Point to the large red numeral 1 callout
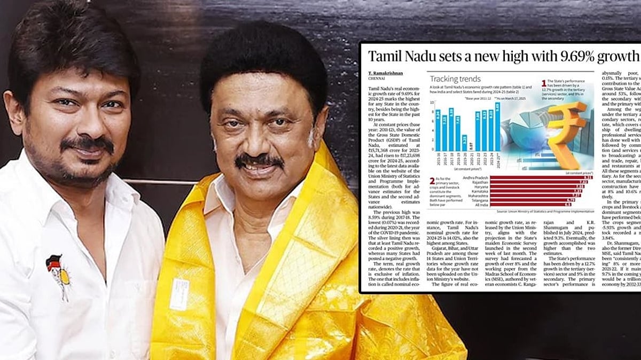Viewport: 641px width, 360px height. pos(544,83)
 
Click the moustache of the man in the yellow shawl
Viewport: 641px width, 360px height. pos(259,160)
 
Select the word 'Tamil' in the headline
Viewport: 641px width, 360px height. pos(390,57)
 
